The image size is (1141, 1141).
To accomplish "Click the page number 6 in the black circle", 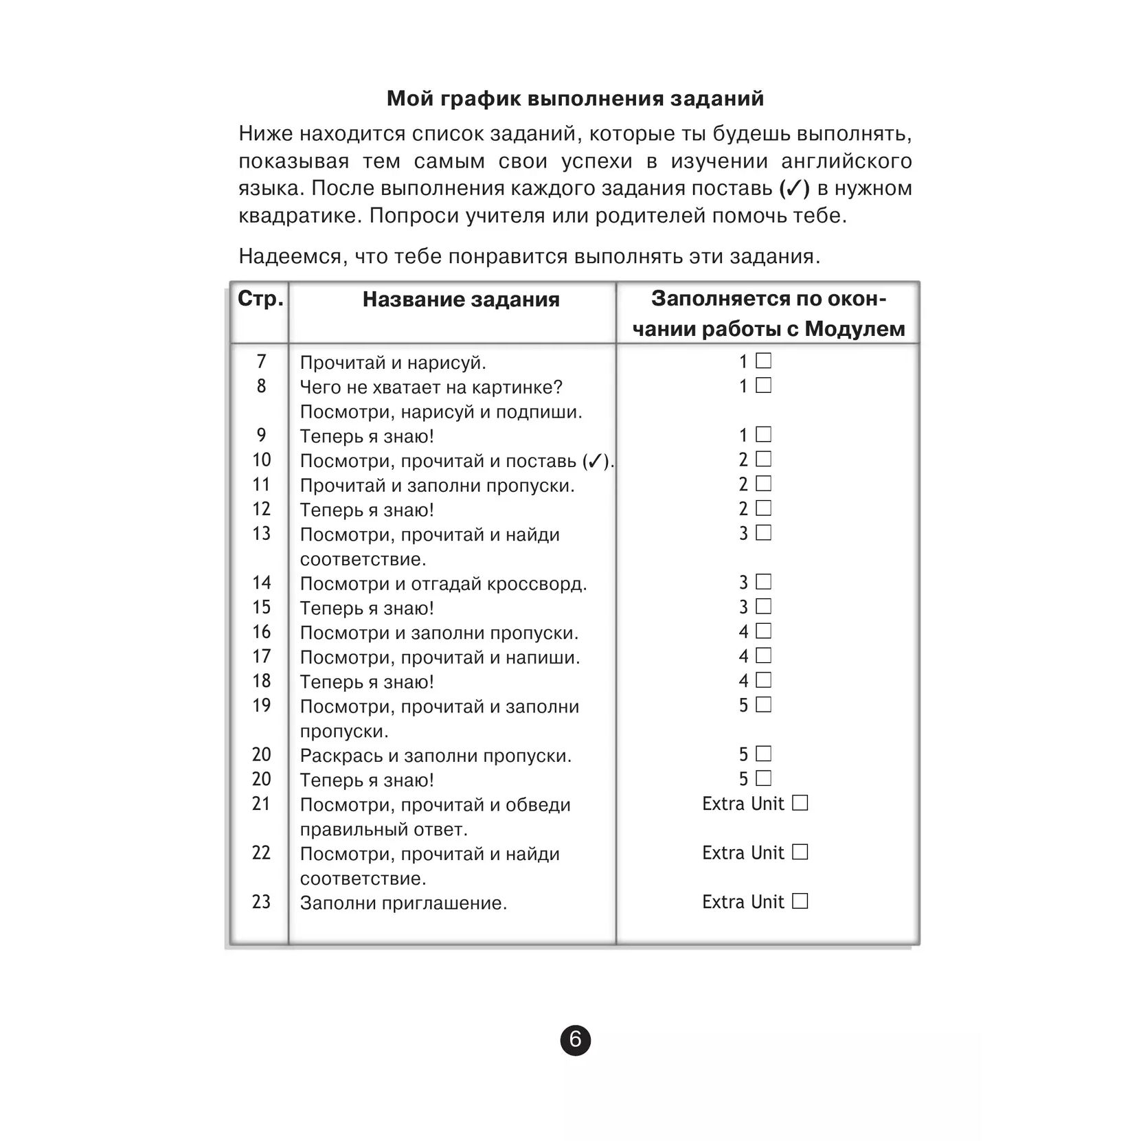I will click(x=575, y=1040).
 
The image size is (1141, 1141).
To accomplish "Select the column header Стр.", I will click(x=260, y=299).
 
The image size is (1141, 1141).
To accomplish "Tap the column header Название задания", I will click(x=461, y=300).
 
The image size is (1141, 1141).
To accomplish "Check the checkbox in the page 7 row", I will click(x=763, y=361).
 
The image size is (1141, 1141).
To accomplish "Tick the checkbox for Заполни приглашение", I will click(x=800, y=901).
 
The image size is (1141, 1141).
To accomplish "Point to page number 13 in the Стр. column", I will click(x=261, y=534).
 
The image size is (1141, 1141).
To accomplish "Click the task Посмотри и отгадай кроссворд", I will click(x=443, y=584).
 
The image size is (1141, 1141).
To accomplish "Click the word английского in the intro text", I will click(x=846, y=161).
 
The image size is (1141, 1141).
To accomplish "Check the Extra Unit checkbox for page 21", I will click(x=800, y=803).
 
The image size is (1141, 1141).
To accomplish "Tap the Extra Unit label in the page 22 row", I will click(x=743, y=853).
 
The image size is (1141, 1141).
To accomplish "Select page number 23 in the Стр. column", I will click(x=261, y=902).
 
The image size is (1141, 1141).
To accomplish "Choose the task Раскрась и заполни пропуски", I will click(x=436, y=756).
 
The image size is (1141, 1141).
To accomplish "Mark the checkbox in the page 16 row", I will click(x=763, y=631).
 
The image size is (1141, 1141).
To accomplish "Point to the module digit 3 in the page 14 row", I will click(x=743, y=583).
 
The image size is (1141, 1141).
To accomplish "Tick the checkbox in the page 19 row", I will click(x=763, y=705).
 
